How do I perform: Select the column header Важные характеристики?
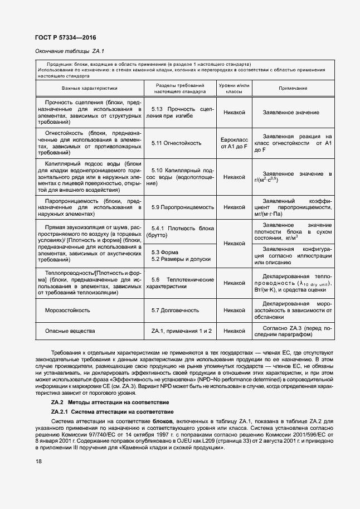tap(90, 88)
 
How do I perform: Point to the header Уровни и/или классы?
tap(234, 88)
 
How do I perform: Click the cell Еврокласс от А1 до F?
tap(234, 143)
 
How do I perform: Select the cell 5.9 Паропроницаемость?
tap(183, 207)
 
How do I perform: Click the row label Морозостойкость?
tap(67, 311)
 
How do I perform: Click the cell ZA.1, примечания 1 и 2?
tap(182, 331)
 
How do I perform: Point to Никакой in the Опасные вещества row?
tap(234, 331)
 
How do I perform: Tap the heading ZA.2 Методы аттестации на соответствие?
tap(110, 402)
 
